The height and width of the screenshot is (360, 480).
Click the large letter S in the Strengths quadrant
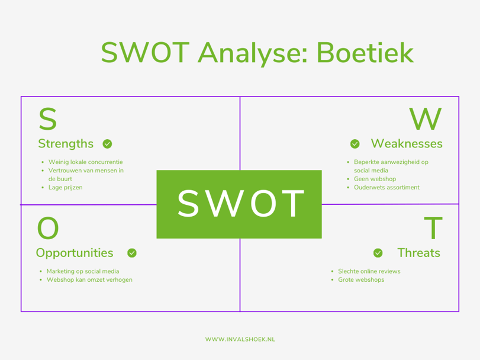point(48,120)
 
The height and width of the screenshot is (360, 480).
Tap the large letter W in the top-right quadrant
point(426,120)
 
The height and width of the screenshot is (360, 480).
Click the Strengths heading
point(66,144)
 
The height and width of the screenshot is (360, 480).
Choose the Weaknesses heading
point(406,144)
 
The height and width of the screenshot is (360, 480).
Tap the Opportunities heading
point(75,253)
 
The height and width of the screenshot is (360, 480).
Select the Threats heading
point(418,253)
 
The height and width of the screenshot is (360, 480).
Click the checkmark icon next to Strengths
point(107,144)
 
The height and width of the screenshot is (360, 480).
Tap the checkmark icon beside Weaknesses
point(355,144)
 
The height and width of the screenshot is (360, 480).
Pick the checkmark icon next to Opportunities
point(132,253)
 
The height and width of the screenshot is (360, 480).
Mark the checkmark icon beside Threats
point(378,253)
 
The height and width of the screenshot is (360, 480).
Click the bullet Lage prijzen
point(65,187)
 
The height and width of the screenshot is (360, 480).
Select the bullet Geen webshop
point(375,179)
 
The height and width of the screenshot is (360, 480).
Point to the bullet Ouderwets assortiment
point(386,187)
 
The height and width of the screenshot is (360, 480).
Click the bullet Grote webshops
point(361,279)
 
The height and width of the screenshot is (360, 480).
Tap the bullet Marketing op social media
point(83,271)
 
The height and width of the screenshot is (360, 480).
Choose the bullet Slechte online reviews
point(369,271)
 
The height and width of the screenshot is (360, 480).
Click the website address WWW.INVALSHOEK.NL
point(240,339)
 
